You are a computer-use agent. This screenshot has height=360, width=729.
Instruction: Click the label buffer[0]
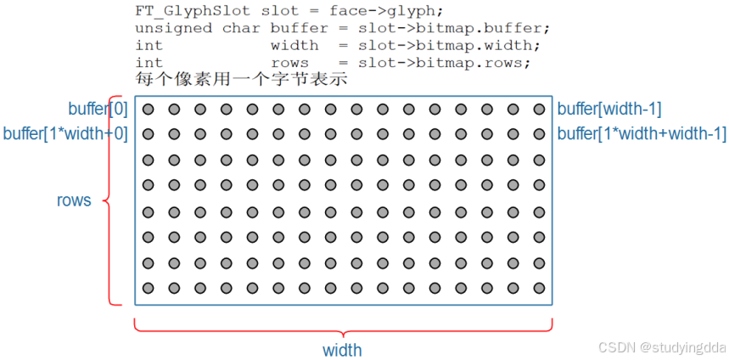(x=98, y=109)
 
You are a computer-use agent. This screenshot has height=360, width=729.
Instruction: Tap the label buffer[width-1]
(x=608, y=109)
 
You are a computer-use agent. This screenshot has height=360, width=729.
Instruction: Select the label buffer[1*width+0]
(x=65, y=133)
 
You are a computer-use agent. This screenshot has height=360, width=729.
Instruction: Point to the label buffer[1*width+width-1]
(x=641, y=133)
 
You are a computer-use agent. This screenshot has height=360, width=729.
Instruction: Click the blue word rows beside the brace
(x=74, y=201)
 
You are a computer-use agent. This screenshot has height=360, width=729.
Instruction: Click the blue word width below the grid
(x=342, y=350)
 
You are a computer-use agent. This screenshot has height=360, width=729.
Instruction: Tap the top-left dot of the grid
(x=148, y=109)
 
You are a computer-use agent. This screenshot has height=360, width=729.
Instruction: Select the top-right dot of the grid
(x=539, y=109)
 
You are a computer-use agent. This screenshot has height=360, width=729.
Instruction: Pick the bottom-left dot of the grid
(x=148, y=288)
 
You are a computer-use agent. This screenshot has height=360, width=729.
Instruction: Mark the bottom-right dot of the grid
(x=539, y=288)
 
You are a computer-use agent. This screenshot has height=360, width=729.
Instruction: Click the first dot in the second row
(x=148, y=133)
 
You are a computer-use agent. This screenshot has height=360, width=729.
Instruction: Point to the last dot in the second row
(x=539, y=133)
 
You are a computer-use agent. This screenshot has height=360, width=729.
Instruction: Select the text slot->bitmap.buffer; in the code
(x=453, y=28)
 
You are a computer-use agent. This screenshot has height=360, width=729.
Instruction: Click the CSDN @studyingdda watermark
(x=659, y=347)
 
